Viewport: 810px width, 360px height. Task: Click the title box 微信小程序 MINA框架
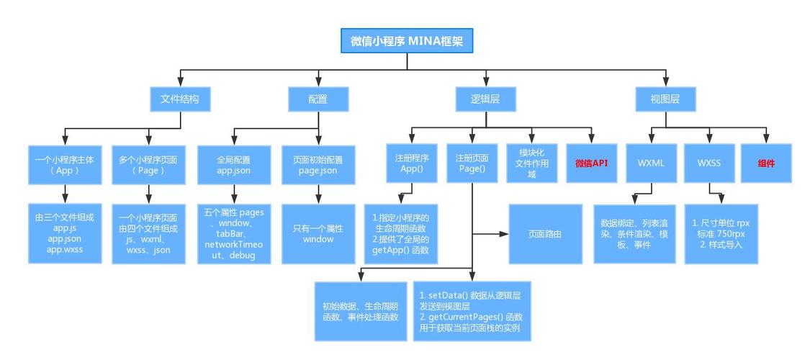click(x=407, y=41)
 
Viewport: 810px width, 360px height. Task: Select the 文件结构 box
click(x=180, y=99)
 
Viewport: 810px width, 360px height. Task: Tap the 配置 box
click(x=318, y=99)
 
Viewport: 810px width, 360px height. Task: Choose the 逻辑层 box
click(x=485, y=99)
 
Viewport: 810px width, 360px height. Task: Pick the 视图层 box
click(x=665, y=99)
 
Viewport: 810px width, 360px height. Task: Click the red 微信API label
click(x=591, y=163)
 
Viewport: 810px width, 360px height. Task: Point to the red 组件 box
click(x=766, y=163)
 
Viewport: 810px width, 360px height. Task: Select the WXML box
click(x=651, y=163)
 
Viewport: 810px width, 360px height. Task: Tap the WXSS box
click(x=708, y=163)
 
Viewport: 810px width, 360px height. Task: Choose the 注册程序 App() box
click(x=412, y=163)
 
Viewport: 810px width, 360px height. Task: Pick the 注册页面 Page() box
click(x=472, y=163)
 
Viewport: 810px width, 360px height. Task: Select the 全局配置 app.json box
click(x=233, y=165)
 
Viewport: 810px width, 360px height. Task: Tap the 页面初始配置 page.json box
click(x=318, y=165)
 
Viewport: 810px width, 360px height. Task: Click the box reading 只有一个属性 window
click(x=318, y=233)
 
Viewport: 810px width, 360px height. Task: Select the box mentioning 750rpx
click(x=721, y=233)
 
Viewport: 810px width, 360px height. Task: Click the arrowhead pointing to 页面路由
click(x=502, y=233)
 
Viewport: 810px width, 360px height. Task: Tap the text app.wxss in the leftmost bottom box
click(x=65, y=249)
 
